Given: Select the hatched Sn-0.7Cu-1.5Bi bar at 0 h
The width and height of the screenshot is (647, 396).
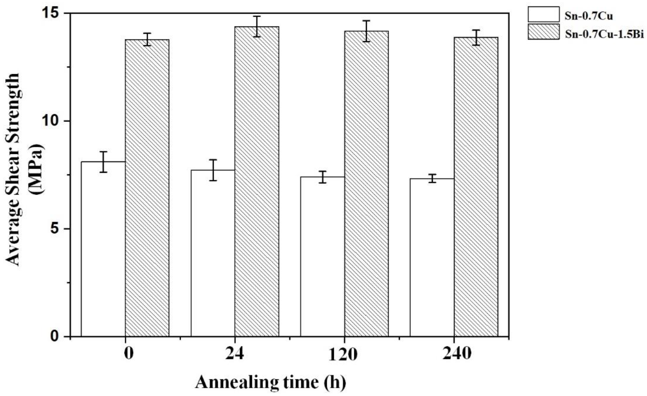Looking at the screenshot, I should tap(147, 188).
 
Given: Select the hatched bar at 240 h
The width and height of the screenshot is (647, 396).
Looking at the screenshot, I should tap(476, 187).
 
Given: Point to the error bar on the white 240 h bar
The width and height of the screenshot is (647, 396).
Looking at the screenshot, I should tap(432, 178).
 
